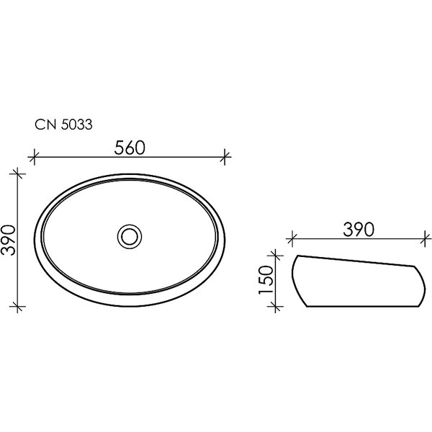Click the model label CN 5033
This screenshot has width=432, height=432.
pos(63,125)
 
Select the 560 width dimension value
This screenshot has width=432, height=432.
pos(130,148)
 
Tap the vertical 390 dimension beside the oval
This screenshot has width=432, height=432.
pos(8,240)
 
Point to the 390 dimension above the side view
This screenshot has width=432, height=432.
pos(359,230)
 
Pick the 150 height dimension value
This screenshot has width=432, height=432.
pos(266,279)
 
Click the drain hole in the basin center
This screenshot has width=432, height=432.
pos(130,236)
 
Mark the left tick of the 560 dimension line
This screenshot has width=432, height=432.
pos(34,157)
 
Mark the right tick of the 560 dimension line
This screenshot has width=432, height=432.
pos(225,157)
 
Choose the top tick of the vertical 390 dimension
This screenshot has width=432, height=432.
pos(17,174)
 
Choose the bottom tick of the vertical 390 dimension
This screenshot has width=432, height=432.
pos(17,306)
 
